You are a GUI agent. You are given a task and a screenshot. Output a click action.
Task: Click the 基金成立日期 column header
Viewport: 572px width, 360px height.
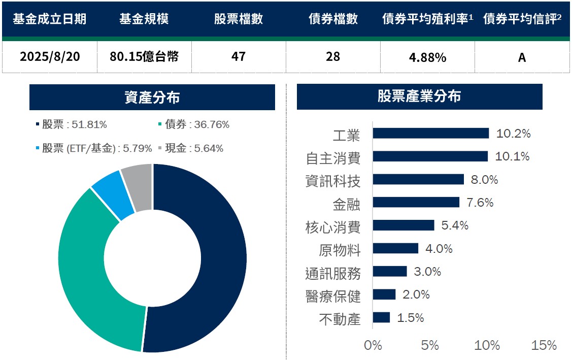pos(50,19)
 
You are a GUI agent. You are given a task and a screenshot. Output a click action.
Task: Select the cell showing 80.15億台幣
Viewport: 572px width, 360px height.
pos(144,56)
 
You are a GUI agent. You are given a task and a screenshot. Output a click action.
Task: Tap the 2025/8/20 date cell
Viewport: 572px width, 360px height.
pos(50,56)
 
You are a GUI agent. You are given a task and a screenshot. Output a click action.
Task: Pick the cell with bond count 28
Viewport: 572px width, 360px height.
pos(333,56)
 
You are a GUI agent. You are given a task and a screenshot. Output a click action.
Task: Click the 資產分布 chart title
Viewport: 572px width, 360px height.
pos(152,97)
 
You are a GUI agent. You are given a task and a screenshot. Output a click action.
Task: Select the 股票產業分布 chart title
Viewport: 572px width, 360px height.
pos(419,96)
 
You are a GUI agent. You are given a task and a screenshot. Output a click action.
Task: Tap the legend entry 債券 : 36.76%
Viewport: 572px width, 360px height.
pos(194,124)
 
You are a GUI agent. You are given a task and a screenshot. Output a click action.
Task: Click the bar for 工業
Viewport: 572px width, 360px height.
pos(430,133)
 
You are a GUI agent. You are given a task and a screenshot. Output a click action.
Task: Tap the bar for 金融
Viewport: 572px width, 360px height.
pos(416,202)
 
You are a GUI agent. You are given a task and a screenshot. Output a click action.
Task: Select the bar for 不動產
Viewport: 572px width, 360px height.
pos(381,317)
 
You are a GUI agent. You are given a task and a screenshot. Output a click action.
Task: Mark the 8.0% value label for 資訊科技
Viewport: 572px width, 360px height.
pos(484,179)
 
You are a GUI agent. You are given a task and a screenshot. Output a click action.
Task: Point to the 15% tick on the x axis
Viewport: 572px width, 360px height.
pos(544,345)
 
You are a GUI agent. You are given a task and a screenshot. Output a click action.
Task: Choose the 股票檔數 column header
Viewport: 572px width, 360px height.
pos(239,19)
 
